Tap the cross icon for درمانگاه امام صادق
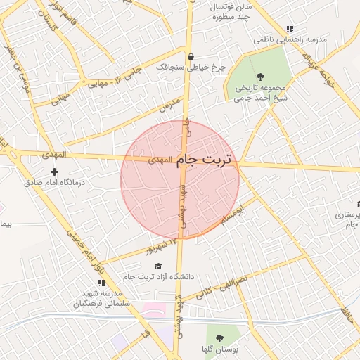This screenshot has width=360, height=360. coord(54,171)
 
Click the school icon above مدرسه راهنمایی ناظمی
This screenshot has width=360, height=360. coord(289,30)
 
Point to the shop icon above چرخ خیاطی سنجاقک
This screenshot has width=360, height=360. coord(191,56)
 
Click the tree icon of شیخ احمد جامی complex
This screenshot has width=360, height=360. coord(261,76)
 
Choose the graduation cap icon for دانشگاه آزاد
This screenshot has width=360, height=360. coord(158,266)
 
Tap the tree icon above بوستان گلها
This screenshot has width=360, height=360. coord(219,338)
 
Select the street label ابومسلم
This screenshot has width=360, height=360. coord(233,214)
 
